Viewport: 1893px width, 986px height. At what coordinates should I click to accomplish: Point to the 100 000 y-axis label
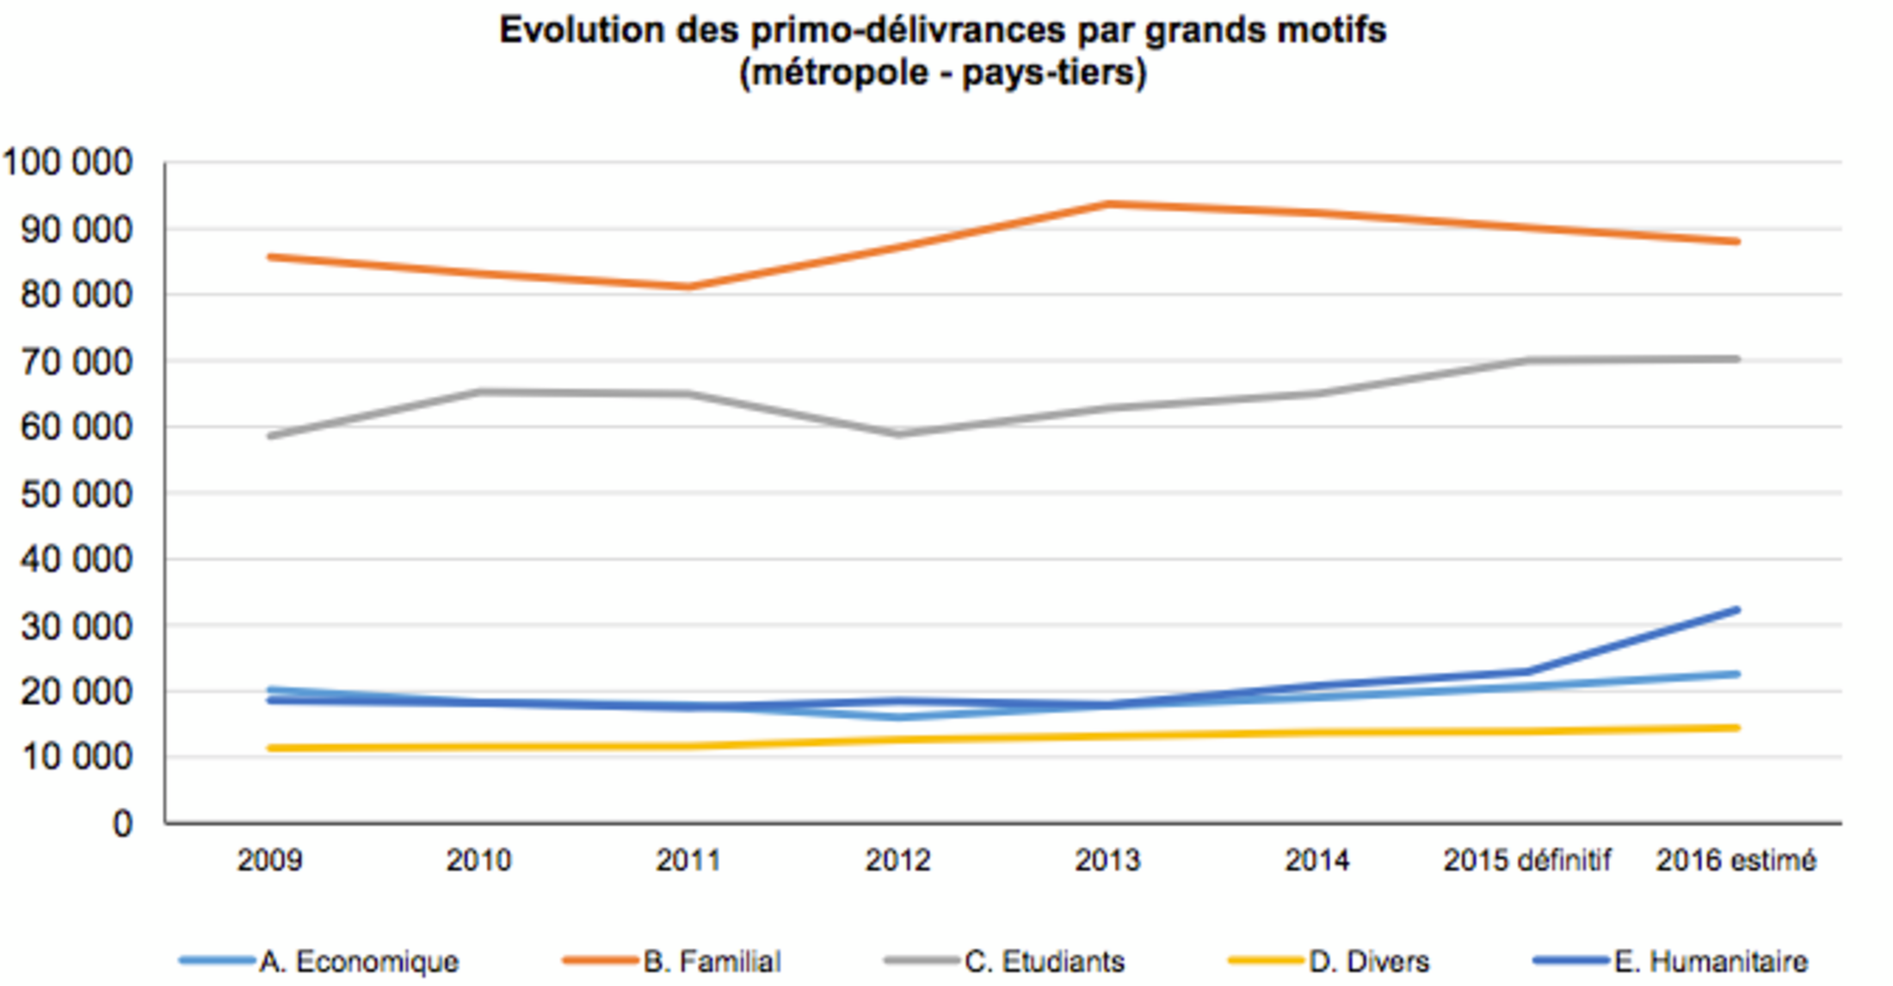[67, 163]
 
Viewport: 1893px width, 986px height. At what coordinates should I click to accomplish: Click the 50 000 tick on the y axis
[76, 494]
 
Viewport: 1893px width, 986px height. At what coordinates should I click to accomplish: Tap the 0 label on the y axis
[122, 824]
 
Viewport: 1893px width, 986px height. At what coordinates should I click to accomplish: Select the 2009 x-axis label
[269, 860]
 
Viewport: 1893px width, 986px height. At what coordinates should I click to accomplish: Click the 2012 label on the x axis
[897, 860]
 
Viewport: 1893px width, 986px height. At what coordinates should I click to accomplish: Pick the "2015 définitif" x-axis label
[1526, 860]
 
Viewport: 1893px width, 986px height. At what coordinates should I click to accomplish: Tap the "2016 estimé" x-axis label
[1736, 860]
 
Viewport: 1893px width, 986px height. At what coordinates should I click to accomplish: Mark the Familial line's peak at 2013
[1108, 204]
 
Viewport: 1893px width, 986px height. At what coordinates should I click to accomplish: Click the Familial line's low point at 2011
[688, 287]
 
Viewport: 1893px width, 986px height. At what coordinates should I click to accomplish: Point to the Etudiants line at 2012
[898, 434]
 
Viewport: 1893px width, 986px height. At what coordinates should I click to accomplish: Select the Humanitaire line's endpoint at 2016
[1736, 610]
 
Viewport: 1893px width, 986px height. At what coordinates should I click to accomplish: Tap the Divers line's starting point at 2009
[271, 749]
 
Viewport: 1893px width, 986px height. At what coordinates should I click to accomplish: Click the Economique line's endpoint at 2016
[1736, 675]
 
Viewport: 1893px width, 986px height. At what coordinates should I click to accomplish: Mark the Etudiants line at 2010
[479, 392]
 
